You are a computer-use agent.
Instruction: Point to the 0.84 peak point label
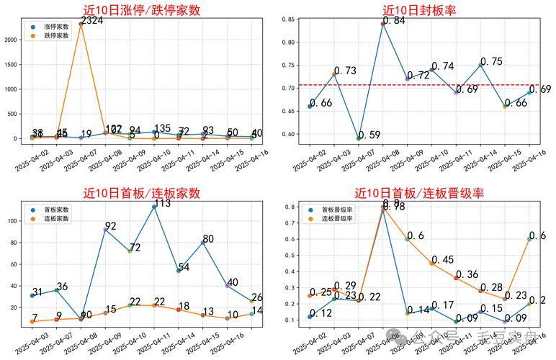pos(394,21)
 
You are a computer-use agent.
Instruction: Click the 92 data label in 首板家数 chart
pos(111,226)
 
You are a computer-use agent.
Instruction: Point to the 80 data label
pos(208,239)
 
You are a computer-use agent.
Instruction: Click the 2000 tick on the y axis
pos(12,40)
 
